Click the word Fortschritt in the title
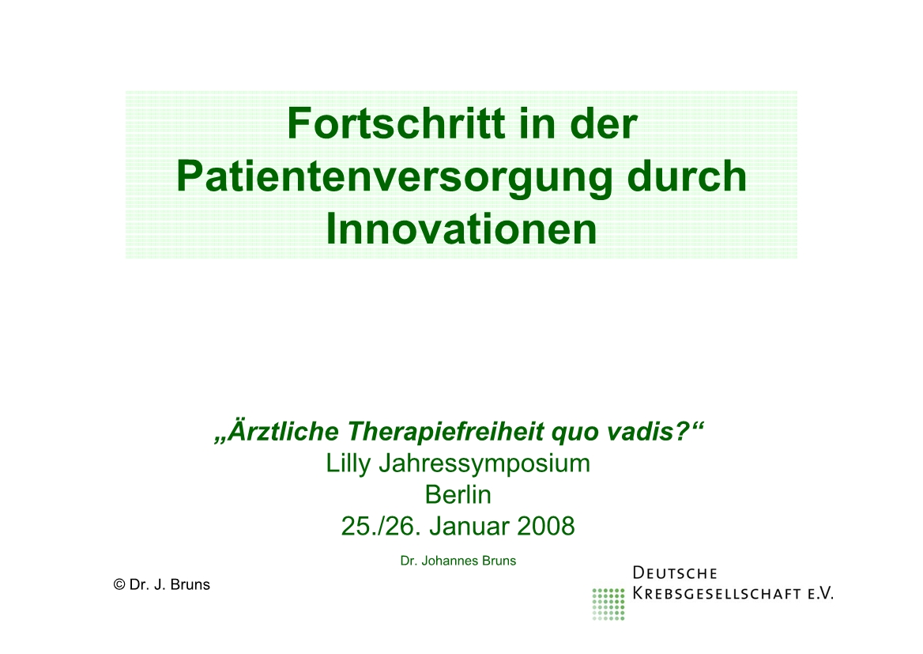[396, 123]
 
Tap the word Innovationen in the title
[461, 229]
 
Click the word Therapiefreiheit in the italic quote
[445, 433]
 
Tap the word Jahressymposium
[484, 463]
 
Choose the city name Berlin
[458, 495]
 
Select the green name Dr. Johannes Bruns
[458, 561]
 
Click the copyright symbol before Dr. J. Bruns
[119, 584]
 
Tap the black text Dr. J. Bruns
[170, 584]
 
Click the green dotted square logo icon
[608, 604]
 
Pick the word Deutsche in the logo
[675, 573]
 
